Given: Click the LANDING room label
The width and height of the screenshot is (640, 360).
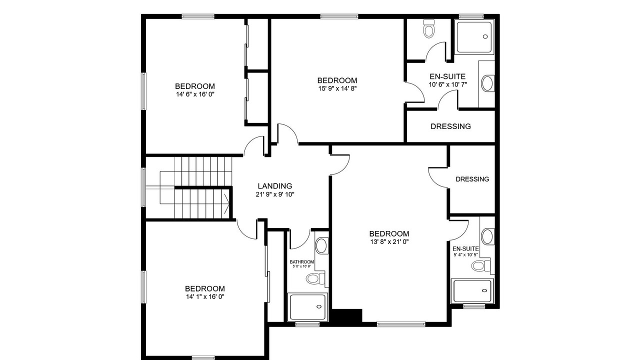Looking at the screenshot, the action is point(275,186).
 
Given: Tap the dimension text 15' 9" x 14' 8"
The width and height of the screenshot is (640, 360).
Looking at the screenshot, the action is point(337,88).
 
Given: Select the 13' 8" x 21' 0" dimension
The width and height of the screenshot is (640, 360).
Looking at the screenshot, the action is point(389,242).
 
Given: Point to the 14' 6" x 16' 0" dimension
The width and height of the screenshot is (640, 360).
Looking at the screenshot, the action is point(195,94).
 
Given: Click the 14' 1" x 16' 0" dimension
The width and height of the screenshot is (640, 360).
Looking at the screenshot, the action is point(205,297).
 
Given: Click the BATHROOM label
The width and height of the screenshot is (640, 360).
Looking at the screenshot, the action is point(301,262).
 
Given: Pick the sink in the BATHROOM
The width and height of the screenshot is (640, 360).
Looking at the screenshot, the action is point(321,246).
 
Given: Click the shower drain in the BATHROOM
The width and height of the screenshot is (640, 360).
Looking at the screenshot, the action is point(319,306).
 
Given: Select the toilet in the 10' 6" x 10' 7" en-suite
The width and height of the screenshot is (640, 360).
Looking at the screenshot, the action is point(429,28).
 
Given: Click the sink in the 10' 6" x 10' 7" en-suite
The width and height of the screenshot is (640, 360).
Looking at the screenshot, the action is point(487,83).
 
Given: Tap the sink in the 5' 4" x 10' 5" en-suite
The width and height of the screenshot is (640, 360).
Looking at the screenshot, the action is point(487,236).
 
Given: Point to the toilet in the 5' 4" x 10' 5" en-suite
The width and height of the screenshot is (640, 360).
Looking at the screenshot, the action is point(480,266).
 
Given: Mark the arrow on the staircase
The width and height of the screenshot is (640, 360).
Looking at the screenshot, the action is point(226,204).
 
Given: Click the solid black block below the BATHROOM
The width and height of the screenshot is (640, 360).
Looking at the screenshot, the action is point(346,316).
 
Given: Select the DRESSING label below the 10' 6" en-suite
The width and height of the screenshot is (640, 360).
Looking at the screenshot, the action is point(450,126).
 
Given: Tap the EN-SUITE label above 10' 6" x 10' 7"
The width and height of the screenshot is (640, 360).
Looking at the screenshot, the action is point(447,76).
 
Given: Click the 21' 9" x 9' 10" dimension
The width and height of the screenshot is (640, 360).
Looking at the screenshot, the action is point(275,194).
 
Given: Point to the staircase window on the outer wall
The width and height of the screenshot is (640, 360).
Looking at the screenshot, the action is point(143,187).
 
